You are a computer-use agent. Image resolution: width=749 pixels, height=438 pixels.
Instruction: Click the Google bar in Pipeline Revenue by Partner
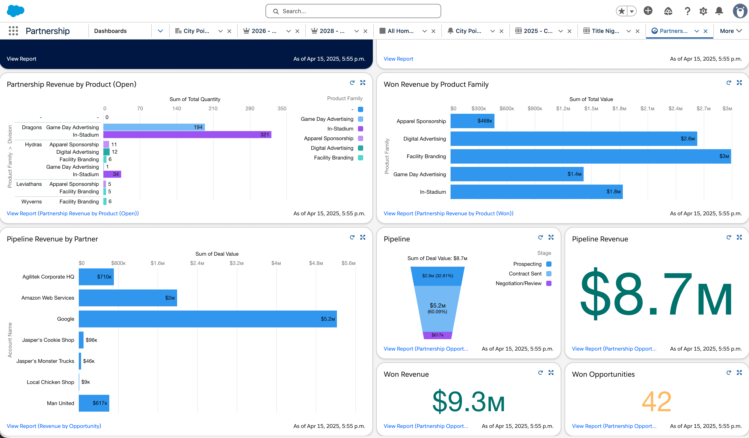tap(207, 319)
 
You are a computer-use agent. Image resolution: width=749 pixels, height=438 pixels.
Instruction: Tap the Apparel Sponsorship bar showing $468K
tap(472, 121)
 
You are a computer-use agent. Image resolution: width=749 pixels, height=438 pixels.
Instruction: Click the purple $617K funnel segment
tap(437, 335)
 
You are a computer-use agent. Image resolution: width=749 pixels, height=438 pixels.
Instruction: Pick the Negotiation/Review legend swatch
tap(549, 283)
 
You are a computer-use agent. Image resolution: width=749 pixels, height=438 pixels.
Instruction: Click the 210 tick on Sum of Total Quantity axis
tap(213, 109)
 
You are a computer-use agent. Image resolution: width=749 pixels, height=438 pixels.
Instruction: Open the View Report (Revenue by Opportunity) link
tap(54, 426)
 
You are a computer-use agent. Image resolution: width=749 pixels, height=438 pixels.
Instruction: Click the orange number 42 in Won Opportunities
tap(656, 401)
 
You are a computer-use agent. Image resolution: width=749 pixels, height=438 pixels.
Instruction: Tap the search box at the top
tap(353, 11)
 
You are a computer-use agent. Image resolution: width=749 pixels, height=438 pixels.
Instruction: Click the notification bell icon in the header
tap(719, 11)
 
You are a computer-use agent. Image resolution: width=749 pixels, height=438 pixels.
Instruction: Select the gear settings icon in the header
tap(703, 11)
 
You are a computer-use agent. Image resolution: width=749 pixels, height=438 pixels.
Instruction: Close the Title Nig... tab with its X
tap(637, 31)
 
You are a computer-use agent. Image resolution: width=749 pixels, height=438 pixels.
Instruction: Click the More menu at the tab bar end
tap(731, 31)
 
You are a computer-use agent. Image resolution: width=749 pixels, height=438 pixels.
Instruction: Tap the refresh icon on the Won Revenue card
tap(540, 373)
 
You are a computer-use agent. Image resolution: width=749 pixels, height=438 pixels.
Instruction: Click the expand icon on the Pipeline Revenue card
tap(739, 237)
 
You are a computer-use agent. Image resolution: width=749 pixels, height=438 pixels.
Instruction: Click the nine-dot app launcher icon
tap(13, 31)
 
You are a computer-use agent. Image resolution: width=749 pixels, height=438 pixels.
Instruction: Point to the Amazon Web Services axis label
tap(48, 298)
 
